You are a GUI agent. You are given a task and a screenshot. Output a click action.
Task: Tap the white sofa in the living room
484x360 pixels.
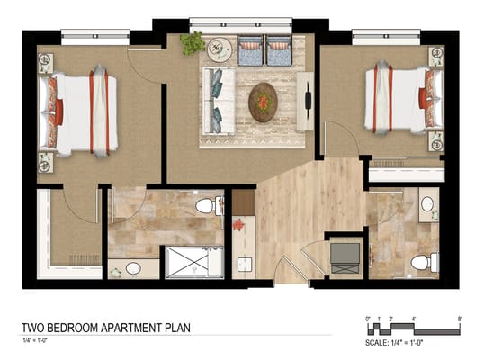pos(219,96)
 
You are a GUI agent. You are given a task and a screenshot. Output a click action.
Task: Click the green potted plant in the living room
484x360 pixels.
pos(192,42)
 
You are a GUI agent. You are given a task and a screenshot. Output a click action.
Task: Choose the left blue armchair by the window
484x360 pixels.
pos(250,49)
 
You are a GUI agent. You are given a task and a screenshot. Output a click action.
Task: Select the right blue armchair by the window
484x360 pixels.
pos(279,49)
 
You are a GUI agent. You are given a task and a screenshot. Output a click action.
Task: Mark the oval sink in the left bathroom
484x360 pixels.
pos(133,267)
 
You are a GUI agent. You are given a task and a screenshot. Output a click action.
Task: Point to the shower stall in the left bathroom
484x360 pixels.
pos(193,261)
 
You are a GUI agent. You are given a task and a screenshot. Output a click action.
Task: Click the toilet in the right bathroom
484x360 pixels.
pos(423,262)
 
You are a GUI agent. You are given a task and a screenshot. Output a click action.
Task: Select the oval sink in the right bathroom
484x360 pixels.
pos(427,203)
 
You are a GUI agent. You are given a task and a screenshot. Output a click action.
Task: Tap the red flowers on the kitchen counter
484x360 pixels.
pos(239,225)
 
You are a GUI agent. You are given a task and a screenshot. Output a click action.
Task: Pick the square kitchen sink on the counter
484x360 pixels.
pos(241,264)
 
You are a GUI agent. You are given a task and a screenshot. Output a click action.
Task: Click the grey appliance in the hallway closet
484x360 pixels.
pos(344,257)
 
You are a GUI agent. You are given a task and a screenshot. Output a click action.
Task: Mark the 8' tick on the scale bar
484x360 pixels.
pos(460,318)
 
